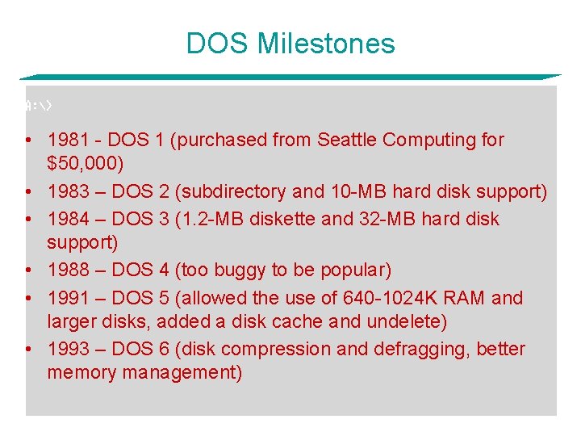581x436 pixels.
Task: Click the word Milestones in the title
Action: pyautogui.click(x=326, y=44)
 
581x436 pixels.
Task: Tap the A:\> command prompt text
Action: pyautogui.click(x=39, y=106)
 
